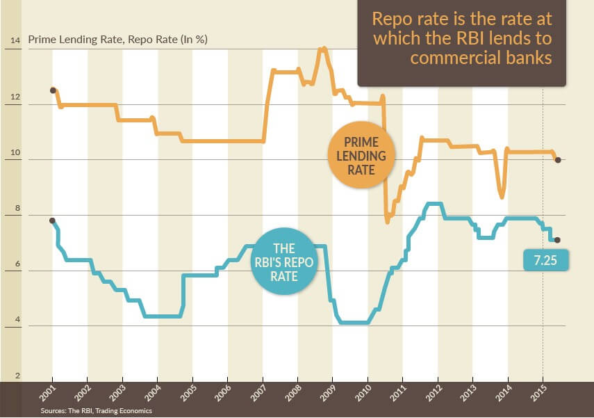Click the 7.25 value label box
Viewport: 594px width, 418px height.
(545, 260)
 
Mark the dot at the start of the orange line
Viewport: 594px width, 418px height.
(53, 90)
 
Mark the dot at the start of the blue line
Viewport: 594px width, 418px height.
(53, 220)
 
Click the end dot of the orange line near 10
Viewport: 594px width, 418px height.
(558, 160)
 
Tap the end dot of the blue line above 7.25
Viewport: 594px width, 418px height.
(558, 240)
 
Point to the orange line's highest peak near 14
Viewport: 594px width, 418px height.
(322, 49)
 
